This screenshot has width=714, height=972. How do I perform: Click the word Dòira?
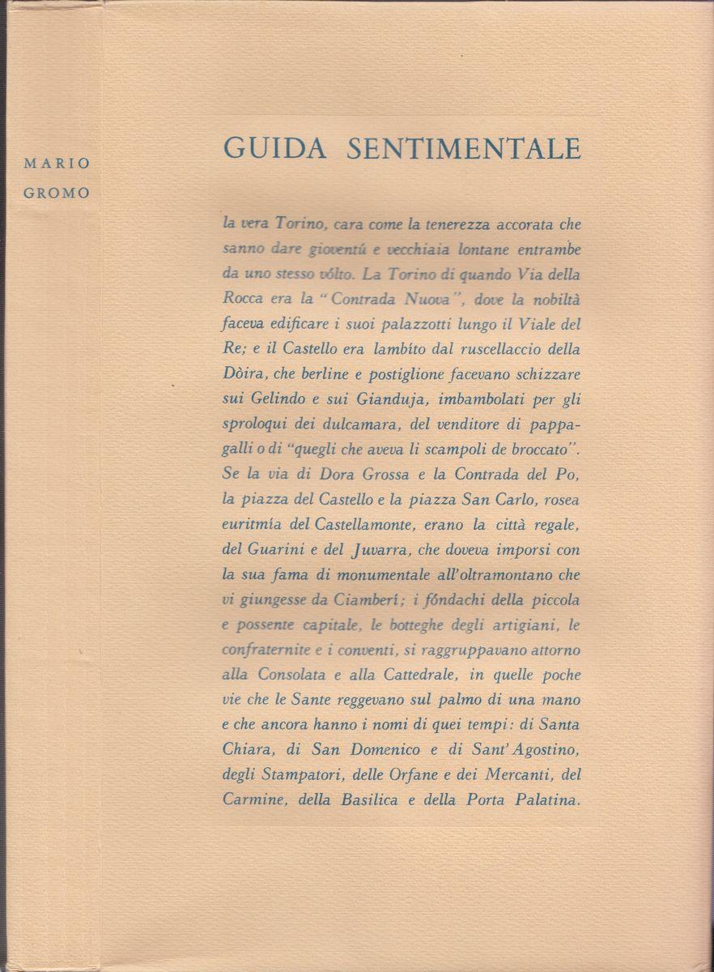[241, 379]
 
